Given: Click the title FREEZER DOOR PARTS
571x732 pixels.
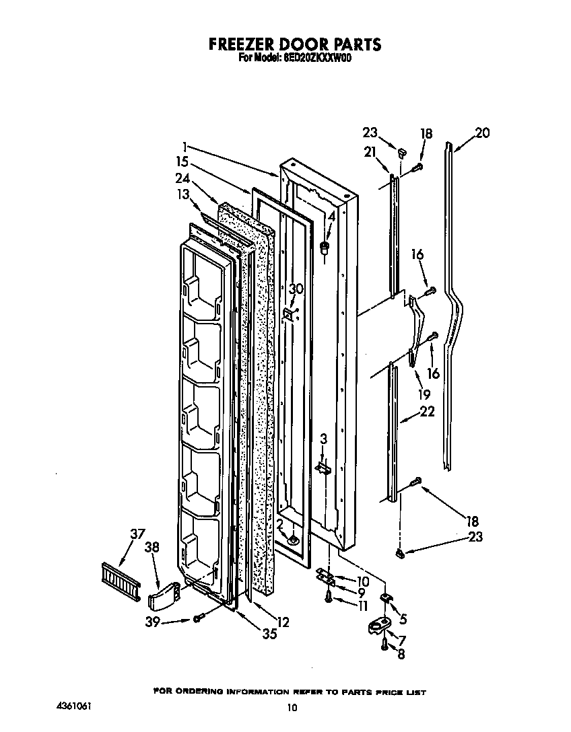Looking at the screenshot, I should [x=294, y=44].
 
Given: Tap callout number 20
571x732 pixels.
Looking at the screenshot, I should [x=482, y=133].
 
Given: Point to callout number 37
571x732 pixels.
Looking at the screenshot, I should [x=137, y=534].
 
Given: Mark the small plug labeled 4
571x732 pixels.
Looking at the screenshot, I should [x=325, y=248].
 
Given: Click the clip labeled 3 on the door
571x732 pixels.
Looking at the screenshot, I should [x=323, y=468].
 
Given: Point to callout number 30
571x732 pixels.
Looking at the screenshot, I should [x=296, y=289].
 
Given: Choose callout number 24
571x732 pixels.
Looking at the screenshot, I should [x=181, y=179].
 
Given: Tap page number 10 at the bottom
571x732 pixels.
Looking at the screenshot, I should [x=291, y=707].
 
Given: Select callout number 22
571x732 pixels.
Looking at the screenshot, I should [x=427, y=412].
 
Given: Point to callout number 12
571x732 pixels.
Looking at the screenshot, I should [x=283, y=623].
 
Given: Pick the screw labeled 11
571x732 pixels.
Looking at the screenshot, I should [x=329, y=597].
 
